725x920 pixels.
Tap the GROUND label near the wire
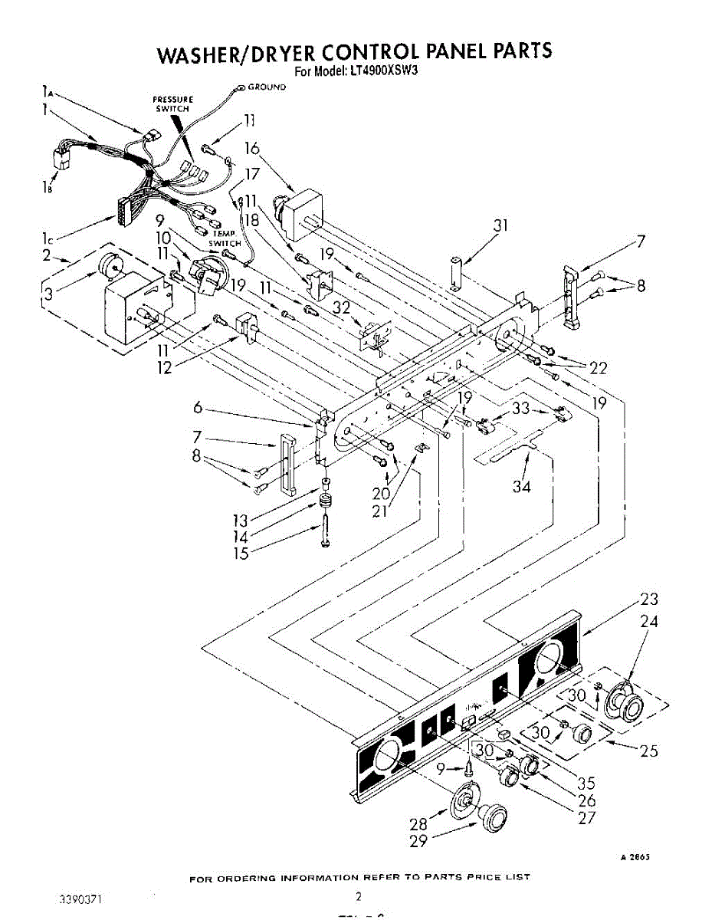tap(266, 87)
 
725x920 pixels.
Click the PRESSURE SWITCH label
tap(172, 104)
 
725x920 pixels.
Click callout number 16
tap(252, 149)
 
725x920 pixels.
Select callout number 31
tap(500, 225)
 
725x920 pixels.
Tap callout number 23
tap(648, 600)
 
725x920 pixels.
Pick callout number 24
tap(649, 623)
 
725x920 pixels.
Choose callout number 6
tap(198, 409)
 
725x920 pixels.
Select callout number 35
tap(586, 783)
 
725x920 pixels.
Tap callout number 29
tap(418, 841)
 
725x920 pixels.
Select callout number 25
tap(648, 751)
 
